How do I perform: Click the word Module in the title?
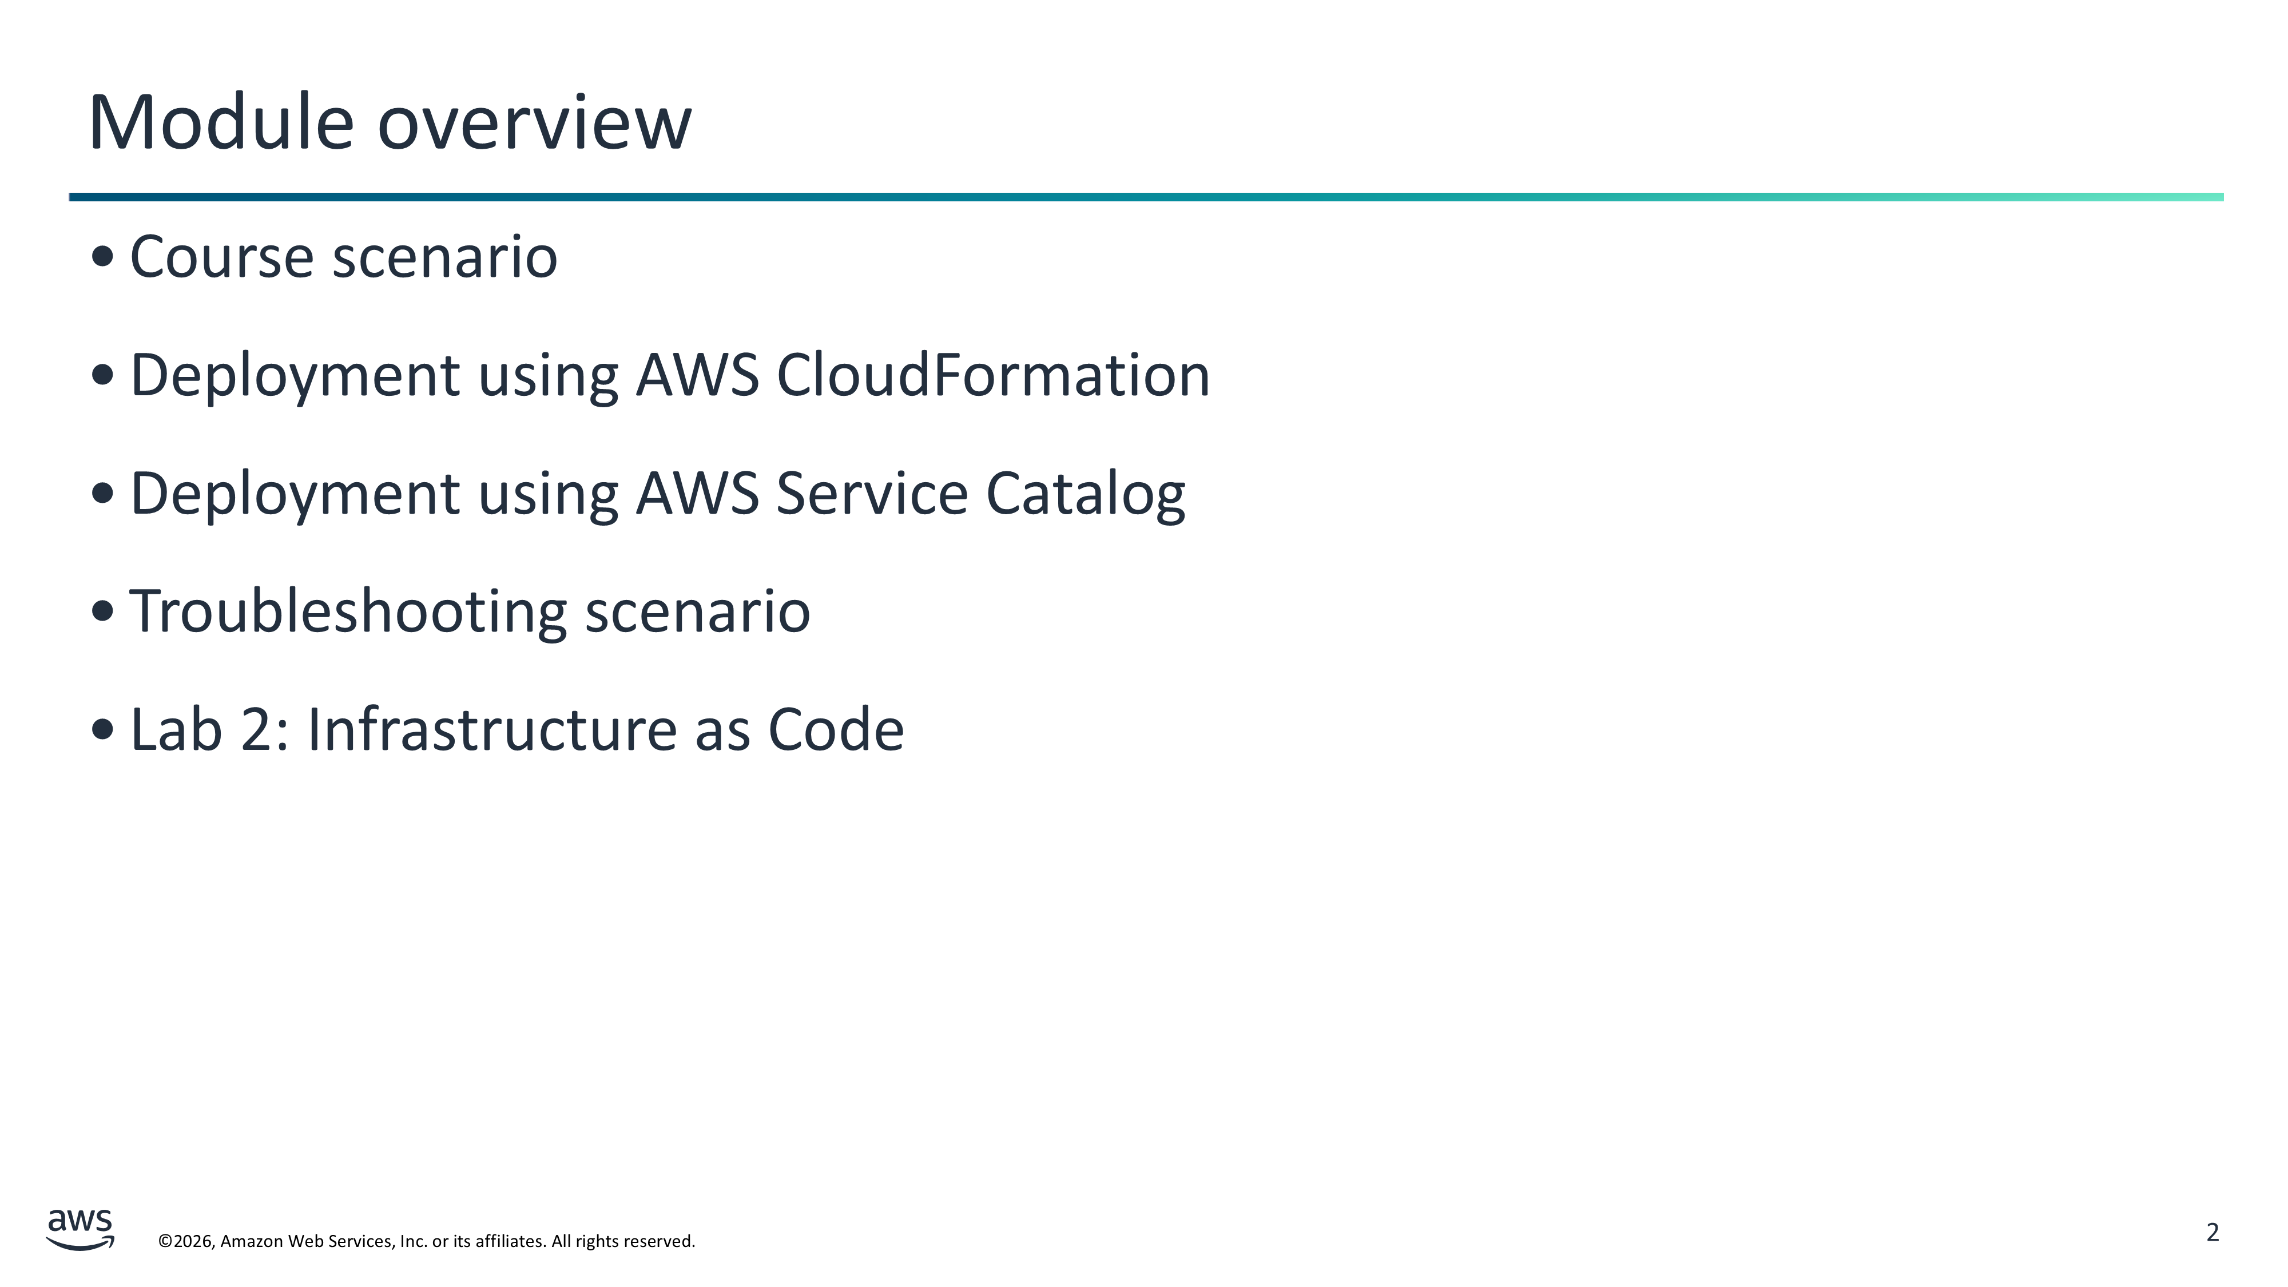click(x=221, y=122)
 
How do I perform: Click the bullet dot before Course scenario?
click(x=103, y=257)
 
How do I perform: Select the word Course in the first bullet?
click(x=222, y=257)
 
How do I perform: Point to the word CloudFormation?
click(x=993, y=375)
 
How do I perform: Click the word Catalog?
click(x=1086, y=494)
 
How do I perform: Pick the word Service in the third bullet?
click(x=871, y=494)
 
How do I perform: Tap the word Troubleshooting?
click(x=348, y=612)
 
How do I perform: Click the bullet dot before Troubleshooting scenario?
click(x=103, y=611)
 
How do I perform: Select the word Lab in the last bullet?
click(x=176, y=730)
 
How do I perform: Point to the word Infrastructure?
click(x=491, y=730)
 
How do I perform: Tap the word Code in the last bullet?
click(x=836, y=730)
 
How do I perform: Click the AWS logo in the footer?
click(x=81, y=1229)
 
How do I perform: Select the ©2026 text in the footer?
click(x=186, y=1241)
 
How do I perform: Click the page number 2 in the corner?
click(x=2212, y=1232)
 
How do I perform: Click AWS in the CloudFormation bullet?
click(x=697, y=375)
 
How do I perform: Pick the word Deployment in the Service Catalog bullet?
click(x=295, y=494)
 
